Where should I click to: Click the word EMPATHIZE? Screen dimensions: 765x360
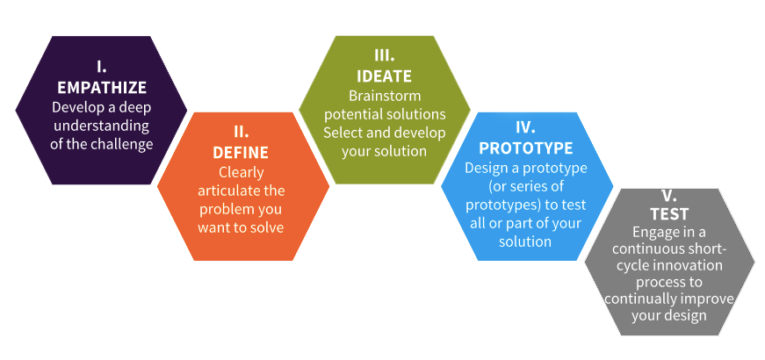[102, 87]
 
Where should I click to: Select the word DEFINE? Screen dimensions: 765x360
[241, 153]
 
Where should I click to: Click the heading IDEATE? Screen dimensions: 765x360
[384, 76]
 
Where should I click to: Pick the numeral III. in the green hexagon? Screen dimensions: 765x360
[385, 56]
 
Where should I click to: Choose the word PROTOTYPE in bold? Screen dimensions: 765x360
[526, 148]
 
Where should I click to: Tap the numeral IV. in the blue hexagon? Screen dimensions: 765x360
[525, 128]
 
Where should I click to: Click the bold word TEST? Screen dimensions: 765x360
[669, 214]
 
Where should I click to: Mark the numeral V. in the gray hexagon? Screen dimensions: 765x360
[669, 196]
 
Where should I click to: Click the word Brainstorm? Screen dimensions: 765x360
[385, 95]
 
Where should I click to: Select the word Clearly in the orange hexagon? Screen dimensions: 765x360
[242, 172]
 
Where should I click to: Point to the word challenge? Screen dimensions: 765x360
[122, 144]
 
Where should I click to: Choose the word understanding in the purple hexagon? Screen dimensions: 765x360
[102, 126]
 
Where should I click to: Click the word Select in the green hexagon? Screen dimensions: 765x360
[342, 133]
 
